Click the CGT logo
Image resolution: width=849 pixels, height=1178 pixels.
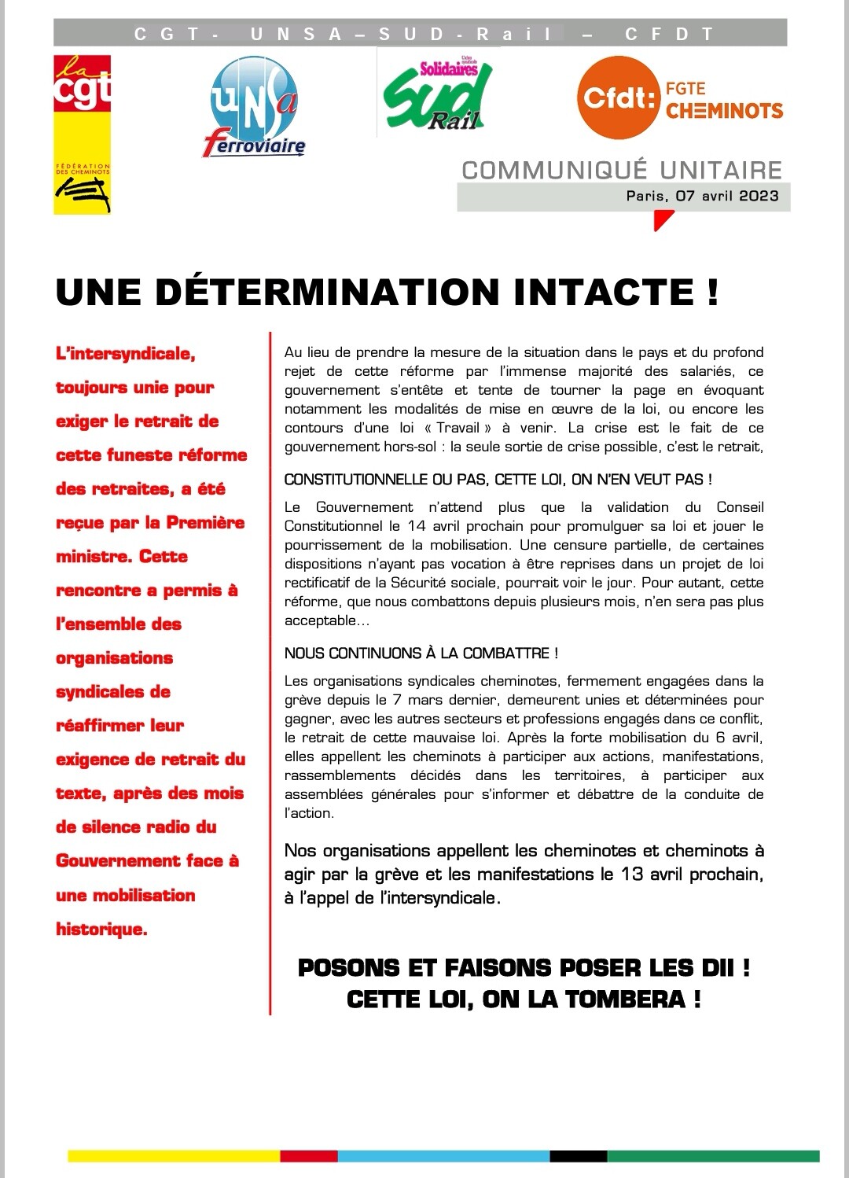tap(82, 134)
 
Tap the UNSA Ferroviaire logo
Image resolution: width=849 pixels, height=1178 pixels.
tap(254, 106)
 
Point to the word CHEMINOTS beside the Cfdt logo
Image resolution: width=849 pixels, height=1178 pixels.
tap(724, 111)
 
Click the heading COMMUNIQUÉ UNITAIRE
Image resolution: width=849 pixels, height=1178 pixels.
tap(622, 170)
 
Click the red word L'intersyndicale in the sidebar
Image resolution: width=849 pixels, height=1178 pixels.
tap(126, 354)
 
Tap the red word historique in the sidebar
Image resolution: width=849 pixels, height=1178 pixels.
tap(101, 929)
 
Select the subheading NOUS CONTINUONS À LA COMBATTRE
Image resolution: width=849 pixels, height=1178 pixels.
tap(421, 653)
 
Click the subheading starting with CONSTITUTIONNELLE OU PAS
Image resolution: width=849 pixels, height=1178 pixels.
tap(498, 479)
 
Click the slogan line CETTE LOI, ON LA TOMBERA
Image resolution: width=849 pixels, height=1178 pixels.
tap(524, 999)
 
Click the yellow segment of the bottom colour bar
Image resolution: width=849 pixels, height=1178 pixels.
tap(174, 1156)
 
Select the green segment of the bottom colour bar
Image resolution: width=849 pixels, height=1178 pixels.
tap(713, 1156)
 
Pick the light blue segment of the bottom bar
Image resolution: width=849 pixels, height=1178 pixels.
tap(443, 1156)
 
